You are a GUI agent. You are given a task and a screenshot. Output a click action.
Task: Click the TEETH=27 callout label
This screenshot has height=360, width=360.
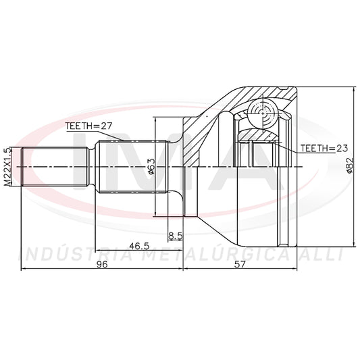tap(88, 126)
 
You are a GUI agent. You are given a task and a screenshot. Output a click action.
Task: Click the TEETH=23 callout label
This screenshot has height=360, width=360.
tap(324, 149)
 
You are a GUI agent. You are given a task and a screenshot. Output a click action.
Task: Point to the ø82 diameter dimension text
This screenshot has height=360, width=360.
tap(349, 165)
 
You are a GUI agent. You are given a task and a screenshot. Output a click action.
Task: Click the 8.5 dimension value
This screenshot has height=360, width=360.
tap(175, 236)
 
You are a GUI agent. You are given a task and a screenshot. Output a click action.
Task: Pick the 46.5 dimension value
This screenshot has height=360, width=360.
tap(139, 246)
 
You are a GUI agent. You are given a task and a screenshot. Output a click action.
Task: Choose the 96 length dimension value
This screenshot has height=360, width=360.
tap(102, 265)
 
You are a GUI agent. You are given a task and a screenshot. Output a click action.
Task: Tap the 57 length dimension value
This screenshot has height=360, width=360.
tap(240, 264)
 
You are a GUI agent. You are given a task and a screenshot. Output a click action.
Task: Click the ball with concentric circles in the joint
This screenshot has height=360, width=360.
tap(262, 113)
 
